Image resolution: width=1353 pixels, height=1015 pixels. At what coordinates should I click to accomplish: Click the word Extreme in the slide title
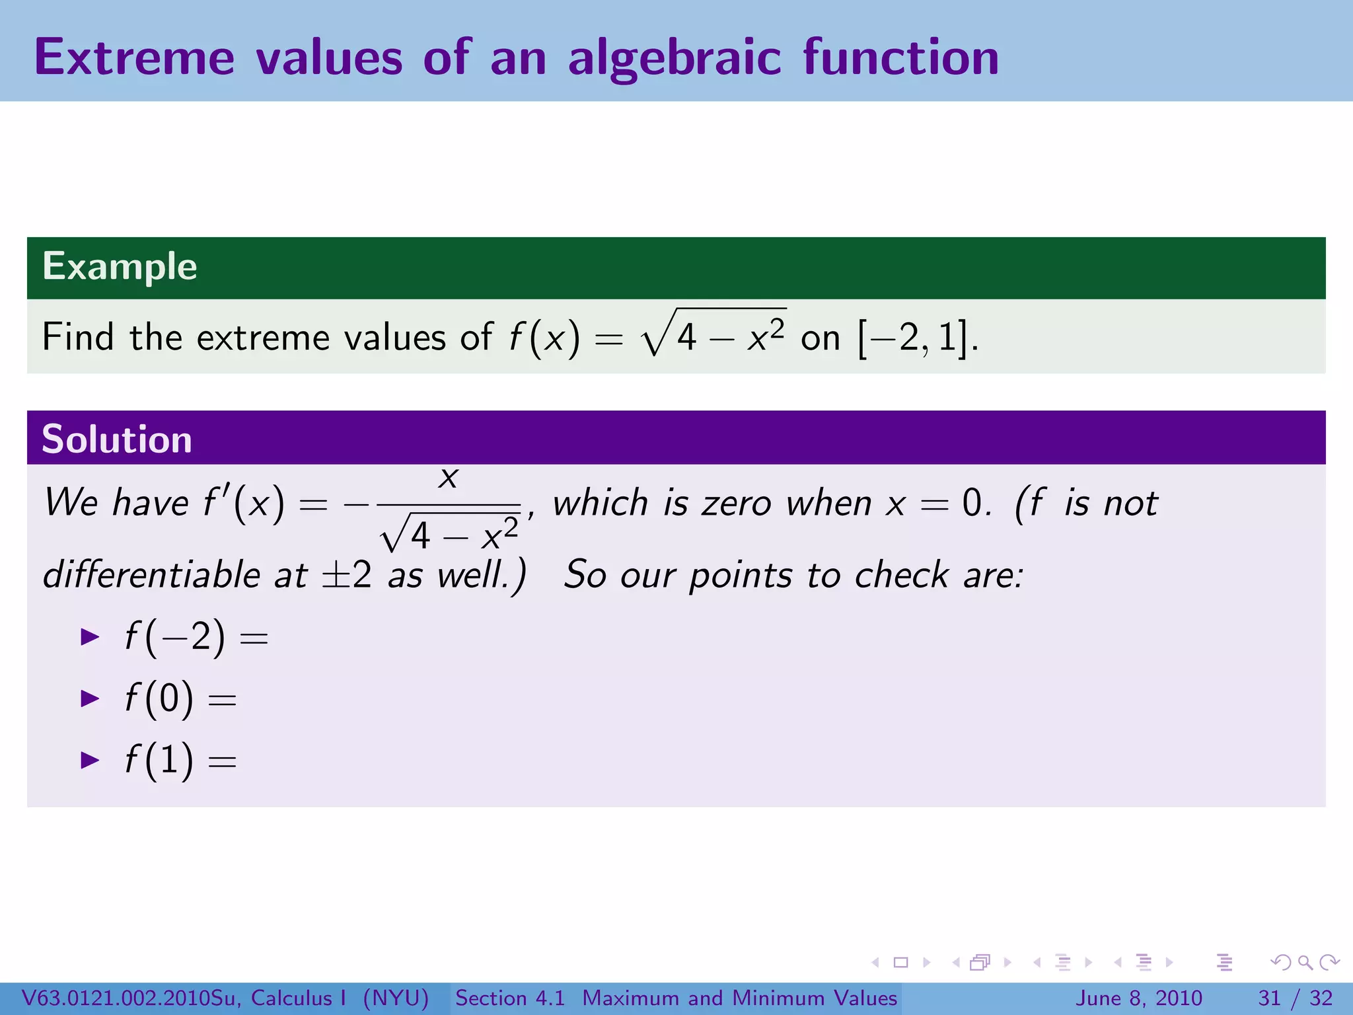pos(134,57)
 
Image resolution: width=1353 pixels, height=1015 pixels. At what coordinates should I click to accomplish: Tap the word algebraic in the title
pos(675,57)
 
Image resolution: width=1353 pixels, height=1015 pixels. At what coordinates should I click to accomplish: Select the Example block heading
pos(120,266)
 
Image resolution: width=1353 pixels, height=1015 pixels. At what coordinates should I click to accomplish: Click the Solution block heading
pos(117,439)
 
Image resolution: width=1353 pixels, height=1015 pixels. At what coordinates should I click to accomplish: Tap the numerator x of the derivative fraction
pos(449,477)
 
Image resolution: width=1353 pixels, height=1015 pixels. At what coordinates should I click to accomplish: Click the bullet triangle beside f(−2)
pos(89,637)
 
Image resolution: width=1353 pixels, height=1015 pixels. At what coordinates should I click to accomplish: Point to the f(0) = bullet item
pos(180,699)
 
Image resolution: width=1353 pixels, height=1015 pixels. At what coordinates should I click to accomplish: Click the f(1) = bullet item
pos(180,760)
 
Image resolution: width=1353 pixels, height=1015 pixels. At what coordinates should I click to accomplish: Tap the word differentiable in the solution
pos(151,574)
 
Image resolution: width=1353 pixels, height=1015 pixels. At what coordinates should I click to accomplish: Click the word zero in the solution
pos(736,504)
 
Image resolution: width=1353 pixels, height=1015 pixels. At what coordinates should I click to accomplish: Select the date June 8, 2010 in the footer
pos(1139,998)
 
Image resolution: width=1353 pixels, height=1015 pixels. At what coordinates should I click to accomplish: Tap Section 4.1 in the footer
pos(510,998)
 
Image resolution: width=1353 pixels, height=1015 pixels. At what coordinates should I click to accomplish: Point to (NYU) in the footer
pos(396,998)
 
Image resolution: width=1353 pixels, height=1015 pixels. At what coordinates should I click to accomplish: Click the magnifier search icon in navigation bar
pos(1305,963)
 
